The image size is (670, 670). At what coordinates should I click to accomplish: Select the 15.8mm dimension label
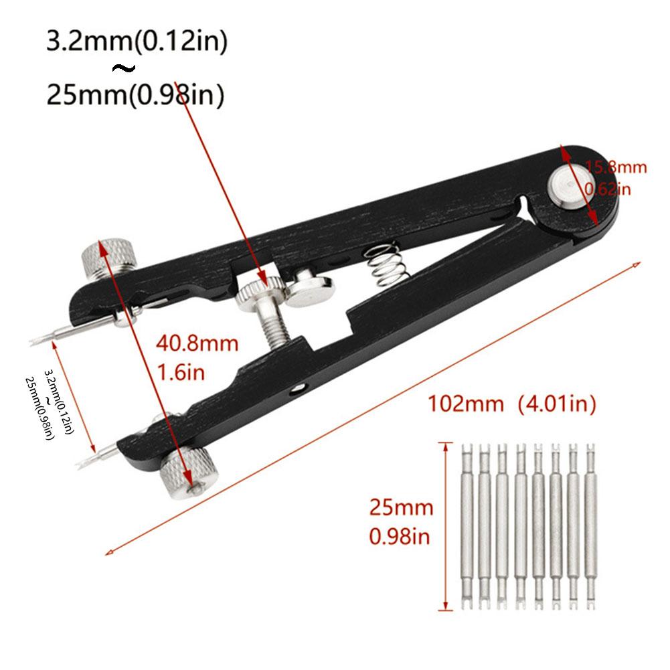click(x=616, y=167)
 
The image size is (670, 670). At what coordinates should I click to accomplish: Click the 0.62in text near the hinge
click(x=608, y=189)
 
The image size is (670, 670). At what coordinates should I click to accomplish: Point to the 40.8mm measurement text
click(x=197, y=344)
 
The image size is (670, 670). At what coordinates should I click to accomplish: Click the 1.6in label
click(x=180, y=372)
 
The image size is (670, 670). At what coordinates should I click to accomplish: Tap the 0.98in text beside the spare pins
click(x=400, y=536)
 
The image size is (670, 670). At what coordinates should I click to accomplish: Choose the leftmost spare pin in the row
click(x=467, y=525)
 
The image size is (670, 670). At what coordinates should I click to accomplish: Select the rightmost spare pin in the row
click(x=590, y=525)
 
